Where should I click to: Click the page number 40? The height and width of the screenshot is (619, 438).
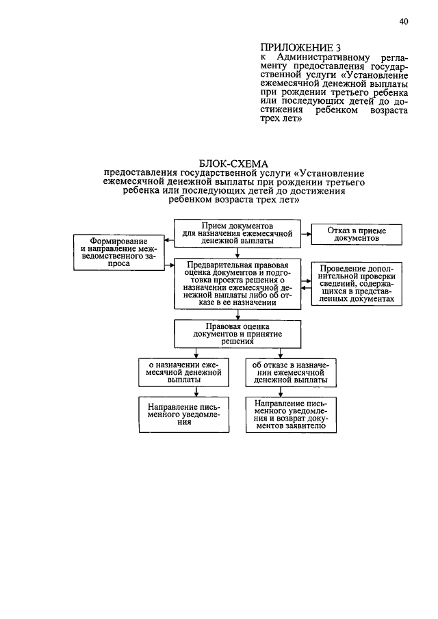tap(404, 22)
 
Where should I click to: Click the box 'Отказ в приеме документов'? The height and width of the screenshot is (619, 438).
tap(357, 235)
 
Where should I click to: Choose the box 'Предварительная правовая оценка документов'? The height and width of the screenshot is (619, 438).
tap(237, 285)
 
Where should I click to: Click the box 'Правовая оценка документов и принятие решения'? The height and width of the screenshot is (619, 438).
tap(237, 333)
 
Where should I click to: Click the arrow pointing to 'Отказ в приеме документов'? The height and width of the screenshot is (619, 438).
tap(307, 233)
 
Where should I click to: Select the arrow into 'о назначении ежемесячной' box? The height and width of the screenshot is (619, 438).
tap(196, 354)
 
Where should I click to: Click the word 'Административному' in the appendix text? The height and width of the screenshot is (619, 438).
tap(321, 57)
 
